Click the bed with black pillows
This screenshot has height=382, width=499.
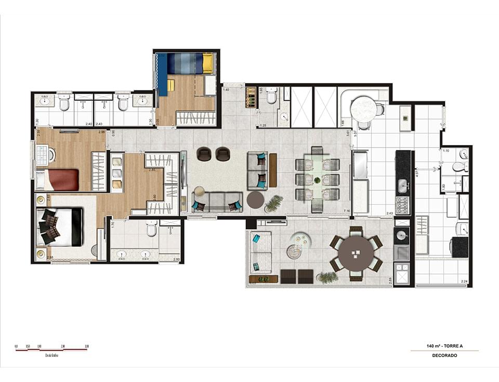coord(62,227)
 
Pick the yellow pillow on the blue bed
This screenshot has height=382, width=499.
coord(207,63)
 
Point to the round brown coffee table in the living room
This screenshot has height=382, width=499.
coord(255,200)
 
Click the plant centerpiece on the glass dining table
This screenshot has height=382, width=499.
coord(317,180)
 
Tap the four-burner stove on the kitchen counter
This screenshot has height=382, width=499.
coord(403,206)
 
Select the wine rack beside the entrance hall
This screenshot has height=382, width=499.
coord(251,97)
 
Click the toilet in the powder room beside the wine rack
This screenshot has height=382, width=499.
coord(271,96)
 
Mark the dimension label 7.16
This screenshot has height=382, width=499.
coord(347,211)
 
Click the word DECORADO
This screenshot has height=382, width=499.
coord(444,355)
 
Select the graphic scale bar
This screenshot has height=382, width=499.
coord(51,350)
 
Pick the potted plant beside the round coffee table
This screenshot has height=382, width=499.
coord(273,203)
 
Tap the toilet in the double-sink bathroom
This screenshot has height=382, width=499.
coord(151,228)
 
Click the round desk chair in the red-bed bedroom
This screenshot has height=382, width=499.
coord(50,155)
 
